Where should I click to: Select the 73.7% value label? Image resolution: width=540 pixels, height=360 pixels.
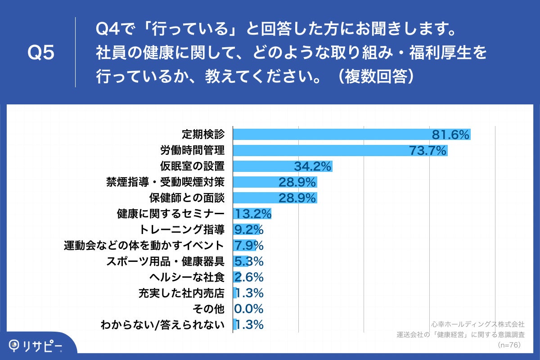tap(428, 150)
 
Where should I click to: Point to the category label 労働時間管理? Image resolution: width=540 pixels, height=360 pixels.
tap(192, 150)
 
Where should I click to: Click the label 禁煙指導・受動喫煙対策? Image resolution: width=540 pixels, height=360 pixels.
tap(165, 182)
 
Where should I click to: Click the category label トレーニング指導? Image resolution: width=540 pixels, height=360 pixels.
tap(182, 229)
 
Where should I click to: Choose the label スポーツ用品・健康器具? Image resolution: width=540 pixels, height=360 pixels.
tap(165, 261)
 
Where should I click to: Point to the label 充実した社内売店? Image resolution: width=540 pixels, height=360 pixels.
tap(182, 293)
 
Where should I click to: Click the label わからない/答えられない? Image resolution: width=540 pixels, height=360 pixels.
tap(162, 325)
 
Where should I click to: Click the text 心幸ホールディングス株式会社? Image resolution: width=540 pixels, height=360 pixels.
tap(477, 324)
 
